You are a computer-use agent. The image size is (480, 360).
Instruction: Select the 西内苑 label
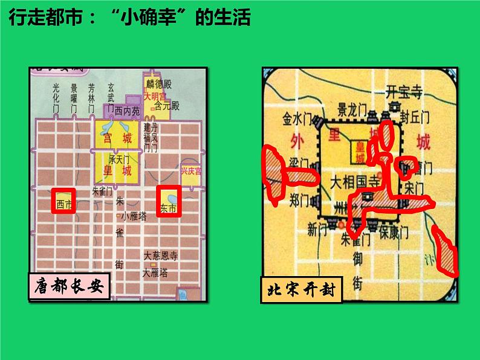point(126,111)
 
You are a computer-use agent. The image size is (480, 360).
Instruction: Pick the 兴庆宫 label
point(192,171)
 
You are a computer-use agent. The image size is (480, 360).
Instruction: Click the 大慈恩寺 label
point(160,255)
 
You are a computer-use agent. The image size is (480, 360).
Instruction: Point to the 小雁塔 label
point(133,217)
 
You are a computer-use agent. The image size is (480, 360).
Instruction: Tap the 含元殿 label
point(167,106)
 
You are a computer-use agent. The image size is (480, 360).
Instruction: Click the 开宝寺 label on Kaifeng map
point(406,92)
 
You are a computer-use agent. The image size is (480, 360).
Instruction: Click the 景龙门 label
point(352,110)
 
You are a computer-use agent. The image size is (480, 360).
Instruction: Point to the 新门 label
point(317,230)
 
